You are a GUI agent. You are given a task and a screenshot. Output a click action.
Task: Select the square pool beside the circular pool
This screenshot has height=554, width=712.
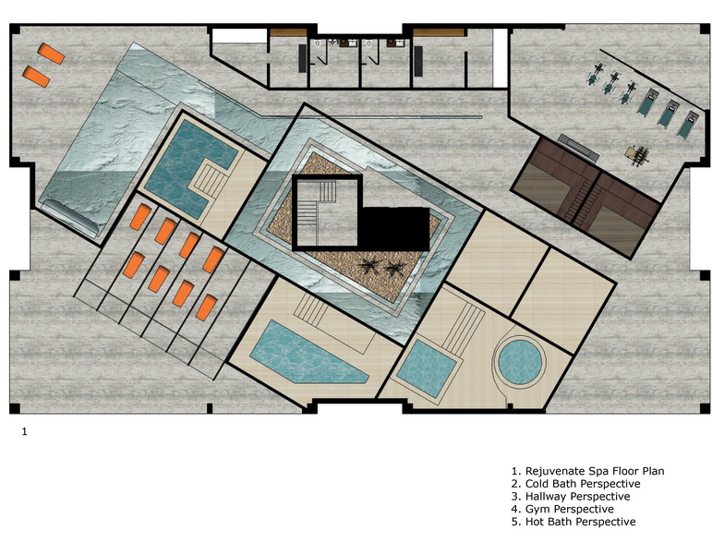(x=426, y=367)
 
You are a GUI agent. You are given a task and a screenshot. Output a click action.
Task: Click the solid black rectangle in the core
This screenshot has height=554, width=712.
(x=394, y=229)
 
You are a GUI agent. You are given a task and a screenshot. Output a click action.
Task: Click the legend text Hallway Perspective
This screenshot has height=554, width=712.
(x=577, y=497)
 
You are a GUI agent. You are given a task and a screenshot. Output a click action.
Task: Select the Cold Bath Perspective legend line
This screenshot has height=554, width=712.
(x=583, y=484)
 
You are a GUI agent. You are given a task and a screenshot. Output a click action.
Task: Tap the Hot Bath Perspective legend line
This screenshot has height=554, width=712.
(x=580, y=522)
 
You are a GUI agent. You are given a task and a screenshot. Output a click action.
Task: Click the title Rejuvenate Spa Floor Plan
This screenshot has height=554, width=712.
(x=595, y=471)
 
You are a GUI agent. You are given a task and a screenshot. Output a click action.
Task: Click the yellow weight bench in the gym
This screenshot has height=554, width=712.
(x=637, y=154)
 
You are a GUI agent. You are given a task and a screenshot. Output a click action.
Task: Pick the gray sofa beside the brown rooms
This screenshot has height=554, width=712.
(x=577, y=148)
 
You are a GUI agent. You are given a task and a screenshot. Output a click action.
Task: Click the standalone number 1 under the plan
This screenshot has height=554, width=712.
(x=25, y=432)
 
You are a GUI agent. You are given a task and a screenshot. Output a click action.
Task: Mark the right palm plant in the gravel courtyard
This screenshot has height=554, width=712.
(x=394, y=269)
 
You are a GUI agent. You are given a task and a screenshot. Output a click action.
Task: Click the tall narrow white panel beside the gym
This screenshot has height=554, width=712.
(x=500, y=57)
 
